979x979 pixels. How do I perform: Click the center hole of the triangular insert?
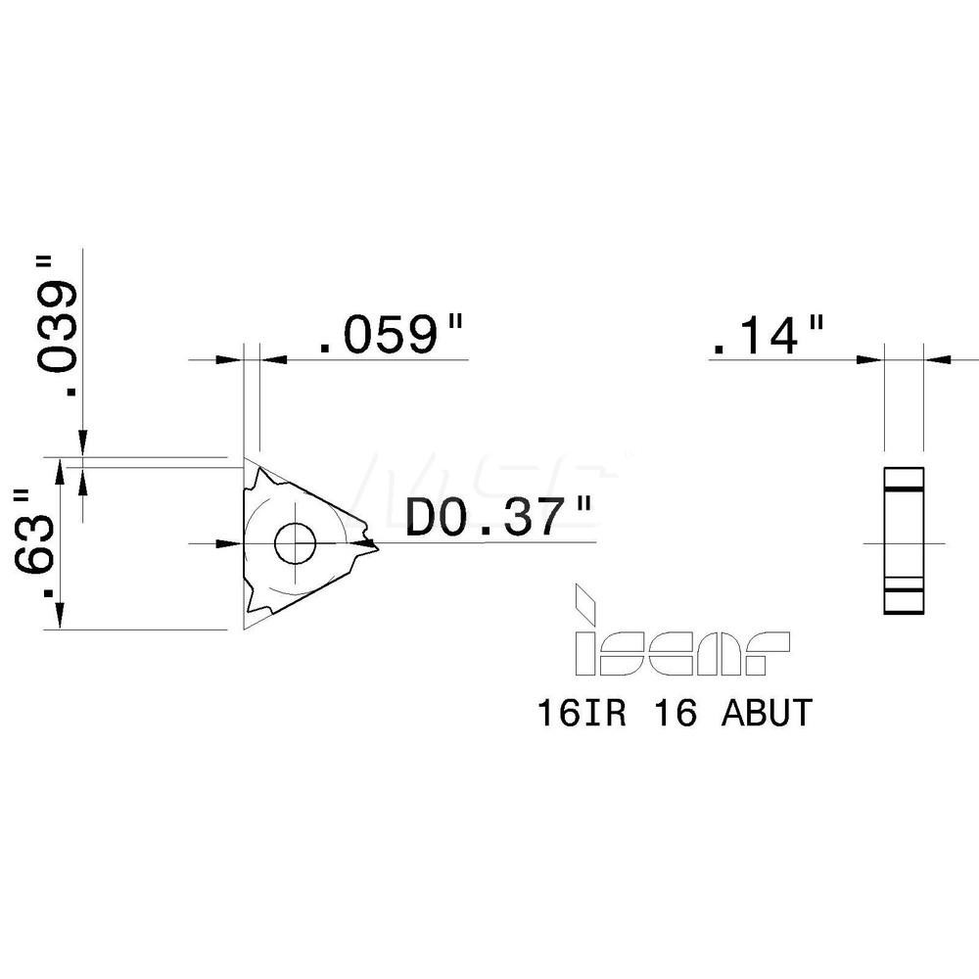295,542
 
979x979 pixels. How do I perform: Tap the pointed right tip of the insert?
373,541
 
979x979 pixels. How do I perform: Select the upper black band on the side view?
903,489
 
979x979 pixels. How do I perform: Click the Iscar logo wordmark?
681,654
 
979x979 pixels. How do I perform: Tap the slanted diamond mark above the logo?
586,602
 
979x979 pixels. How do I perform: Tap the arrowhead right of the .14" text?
869,359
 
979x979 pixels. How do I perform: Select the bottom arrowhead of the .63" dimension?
62,617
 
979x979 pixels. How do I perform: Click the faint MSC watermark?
489,480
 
